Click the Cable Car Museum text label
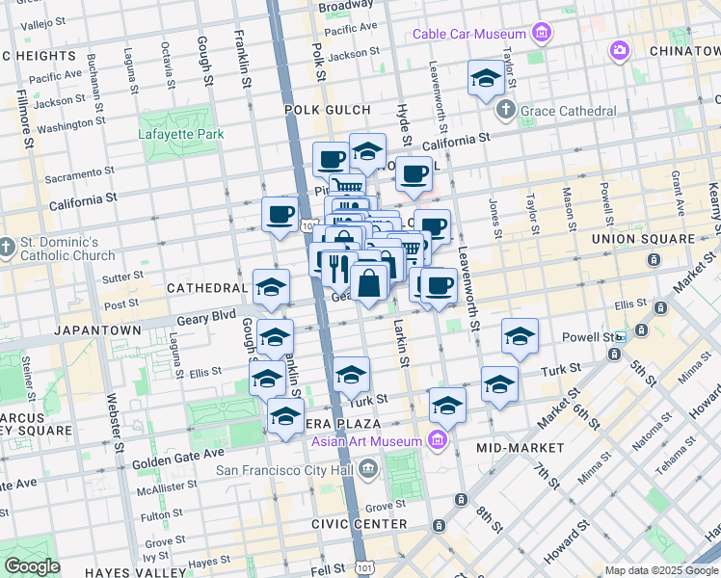tap(469, 35)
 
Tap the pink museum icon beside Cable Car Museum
tap(541, 35)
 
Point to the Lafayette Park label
tap(181, 135)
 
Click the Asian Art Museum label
tap(366, 441)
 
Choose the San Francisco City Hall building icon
tap(367, 470)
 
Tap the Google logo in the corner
tap(32, 566)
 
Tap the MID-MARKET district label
tap(521, 448)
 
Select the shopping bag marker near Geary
tap(369, 282)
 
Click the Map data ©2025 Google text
tap(660, 570)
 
